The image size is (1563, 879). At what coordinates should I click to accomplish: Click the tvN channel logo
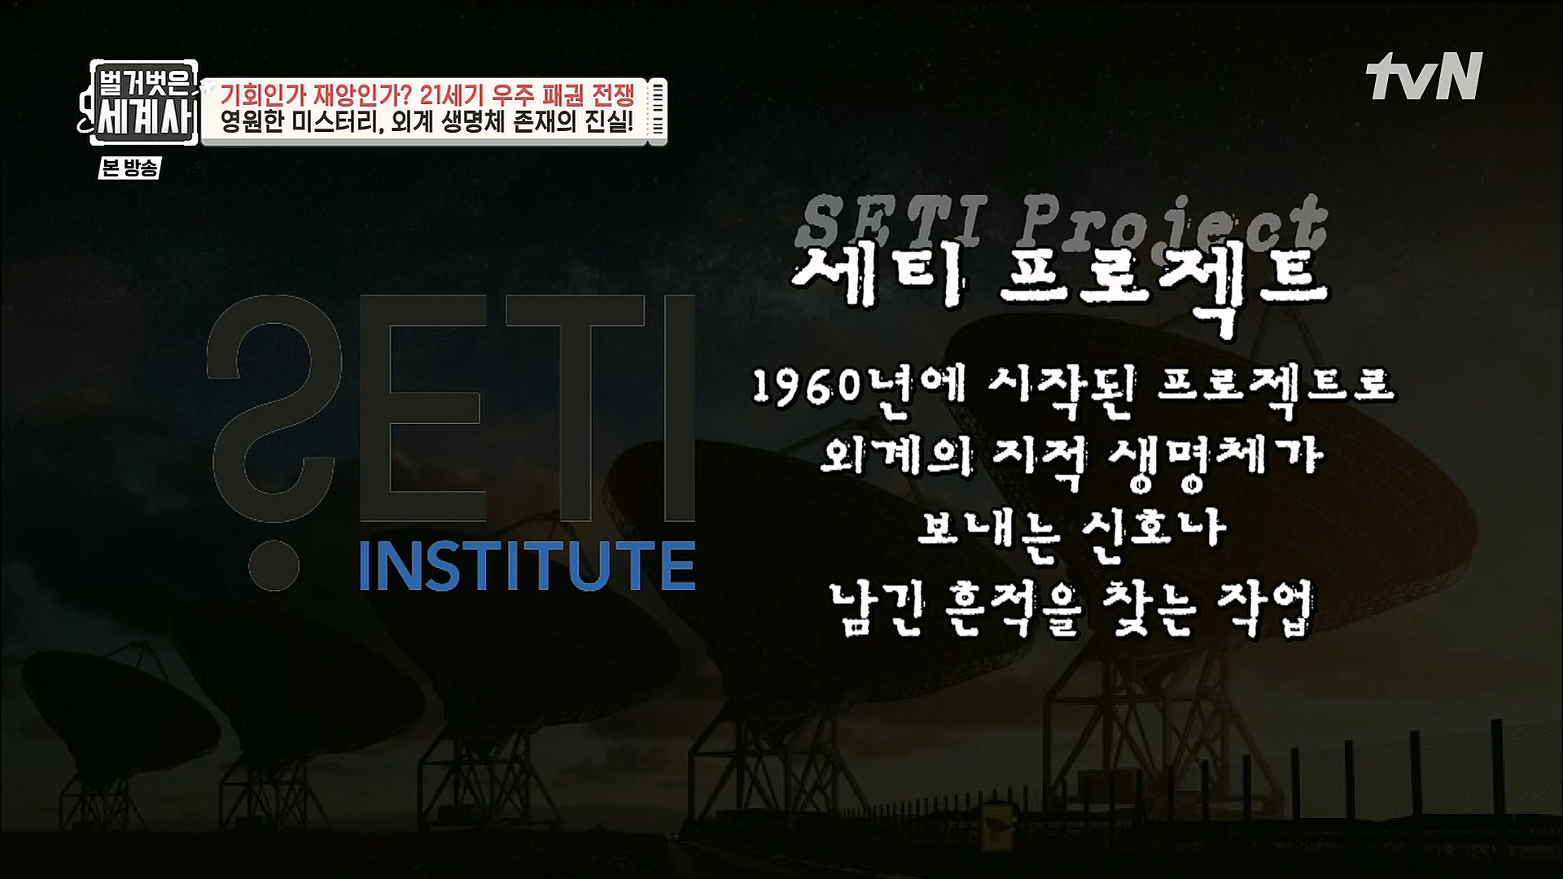tap(1425, 77)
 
